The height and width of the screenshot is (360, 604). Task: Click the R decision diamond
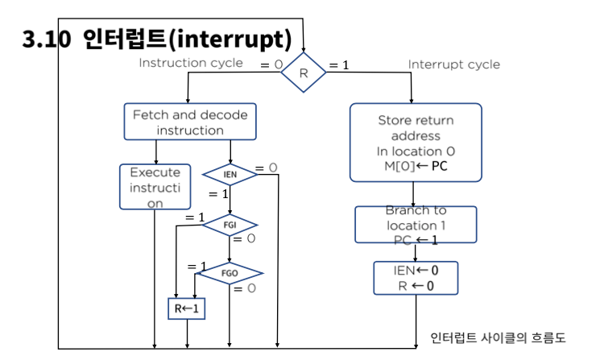pyautogui.click(x=304, y=72)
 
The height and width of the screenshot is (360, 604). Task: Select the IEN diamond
pyautogui.click(x=230, y=175)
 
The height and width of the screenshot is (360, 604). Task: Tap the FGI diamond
pyautogui.click(x=230, y=225)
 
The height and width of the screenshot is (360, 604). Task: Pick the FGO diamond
pyautogui.click(x=230, y=273)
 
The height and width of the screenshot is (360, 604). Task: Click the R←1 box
pyautogui.click(x=187, y=308)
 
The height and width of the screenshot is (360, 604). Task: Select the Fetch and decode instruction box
pyautogui.click(x=190, y=122)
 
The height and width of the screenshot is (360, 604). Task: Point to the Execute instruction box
pyautogui.click(x=155, y=187)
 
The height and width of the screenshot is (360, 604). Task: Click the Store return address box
pyautogui.click(x=416, y=143)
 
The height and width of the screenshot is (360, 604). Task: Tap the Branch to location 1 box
pyautogui.click(x=416, y=225)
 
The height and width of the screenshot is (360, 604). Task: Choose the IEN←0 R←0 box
pyautogui.click(x=416, y=278)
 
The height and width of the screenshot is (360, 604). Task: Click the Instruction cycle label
pyautogui.click(x=191, y=63)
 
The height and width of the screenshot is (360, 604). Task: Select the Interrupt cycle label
pyautogui.click(x=453, y=64)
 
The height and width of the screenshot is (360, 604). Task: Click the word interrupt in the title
pyautogui.click(x=230, y=39)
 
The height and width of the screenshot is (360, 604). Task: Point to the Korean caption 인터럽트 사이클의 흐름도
pyautogui.click(x=498, y=337)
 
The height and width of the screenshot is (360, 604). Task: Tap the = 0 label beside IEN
pyautogui.click(x=266, y=168)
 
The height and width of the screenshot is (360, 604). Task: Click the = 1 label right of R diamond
pyautogui.click(x=339, y=65)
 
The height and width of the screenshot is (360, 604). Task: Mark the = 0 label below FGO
pyautogui.click(x=245, y=288)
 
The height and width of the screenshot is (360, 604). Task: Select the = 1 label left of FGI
pyautogui.click(x=195, y=217)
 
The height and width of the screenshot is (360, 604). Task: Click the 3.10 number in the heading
pyautogui.click(x=47, y=39)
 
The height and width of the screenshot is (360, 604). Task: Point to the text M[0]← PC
pyautogui.click(x=416, y=166)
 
